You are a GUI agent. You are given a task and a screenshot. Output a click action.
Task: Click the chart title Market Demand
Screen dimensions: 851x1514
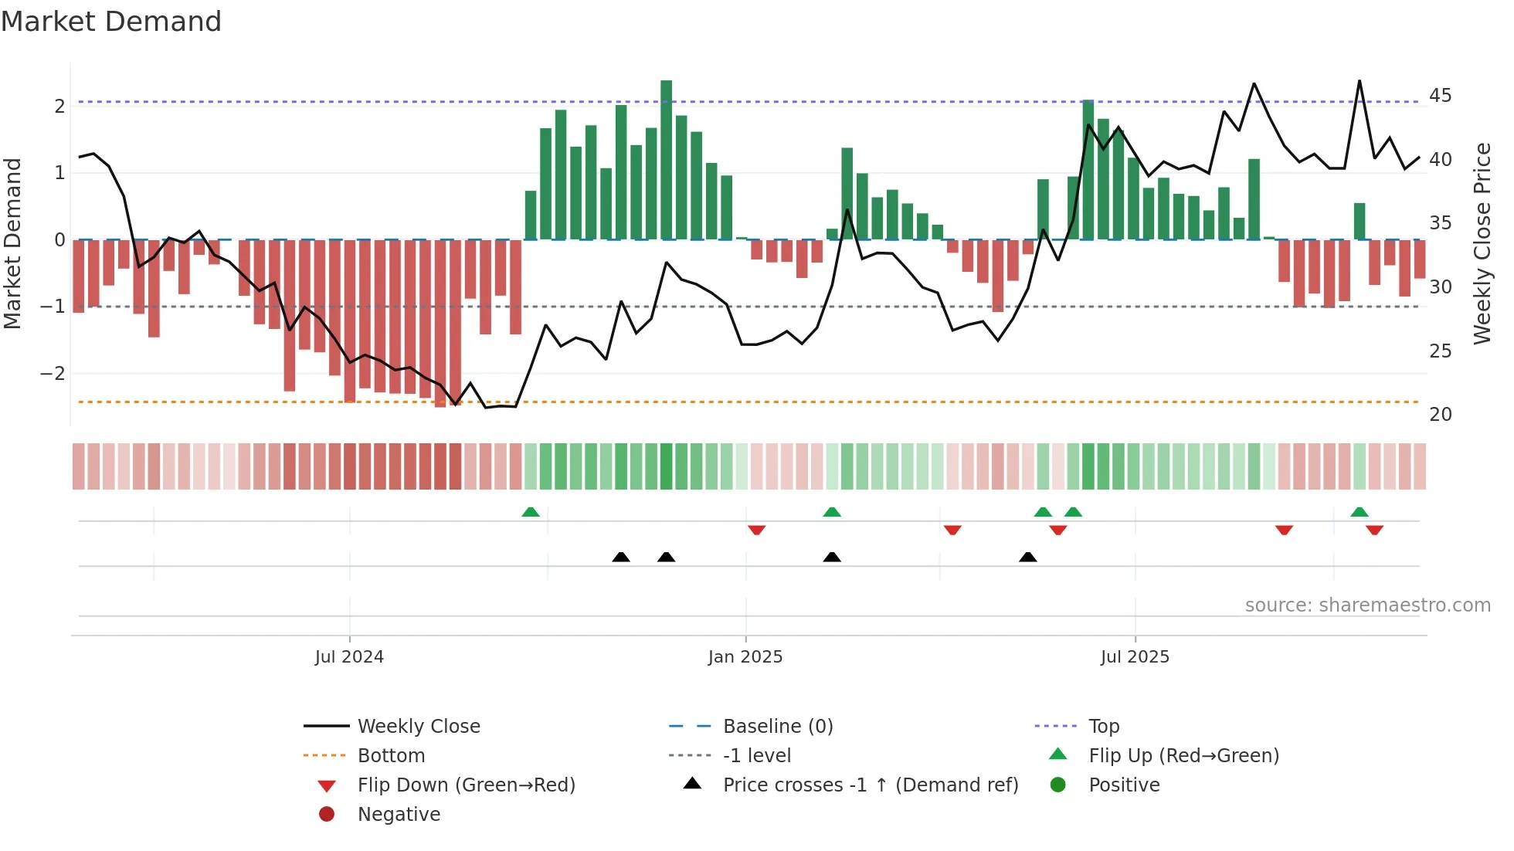click(111, 22)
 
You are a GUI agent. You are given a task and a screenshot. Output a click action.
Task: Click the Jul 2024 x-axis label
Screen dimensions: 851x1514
click(349, 657)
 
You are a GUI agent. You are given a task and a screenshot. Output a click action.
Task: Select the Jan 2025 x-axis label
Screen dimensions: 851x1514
click(745, 657)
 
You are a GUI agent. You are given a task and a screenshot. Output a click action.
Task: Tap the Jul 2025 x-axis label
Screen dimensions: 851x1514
click(1135, 657)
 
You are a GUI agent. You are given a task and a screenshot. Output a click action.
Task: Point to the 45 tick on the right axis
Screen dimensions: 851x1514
click(1440, 96)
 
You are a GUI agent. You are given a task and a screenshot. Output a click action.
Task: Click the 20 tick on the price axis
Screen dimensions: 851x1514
click(1440, 415)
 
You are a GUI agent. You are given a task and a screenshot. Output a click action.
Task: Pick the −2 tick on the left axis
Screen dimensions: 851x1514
click(53, 374)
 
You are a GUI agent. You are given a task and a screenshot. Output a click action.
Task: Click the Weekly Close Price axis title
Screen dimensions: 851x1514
click(1482, 243)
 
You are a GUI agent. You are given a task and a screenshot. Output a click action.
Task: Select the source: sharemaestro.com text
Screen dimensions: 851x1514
click(1367, 605)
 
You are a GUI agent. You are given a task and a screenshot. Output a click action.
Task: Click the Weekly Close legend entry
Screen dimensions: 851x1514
click(418, 727)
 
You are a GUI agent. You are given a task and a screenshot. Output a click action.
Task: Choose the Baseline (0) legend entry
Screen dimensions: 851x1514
click(777, 727)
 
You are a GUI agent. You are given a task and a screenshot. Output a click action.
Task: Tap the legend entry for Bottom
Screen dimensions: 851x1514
click(391, 756)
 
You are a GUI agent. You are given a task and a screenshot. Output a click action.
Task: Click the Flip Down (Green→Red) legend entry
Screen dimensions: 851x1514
click(466, 785)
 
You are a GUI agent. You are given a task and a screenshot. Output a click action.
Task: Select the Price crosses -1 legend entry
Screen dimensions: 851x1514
click(870, 785)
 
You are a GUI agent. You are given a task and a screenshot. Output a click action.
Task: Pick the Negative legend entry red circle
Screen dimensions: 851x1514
click(327, 815)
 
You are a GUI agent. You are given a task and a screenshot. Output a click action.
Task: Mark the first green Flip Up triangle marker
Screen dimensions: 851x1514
click(531, 512)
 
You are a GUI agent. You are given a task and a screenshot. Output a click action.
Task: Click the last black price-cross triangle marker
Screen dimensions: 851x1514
click(1027, 557)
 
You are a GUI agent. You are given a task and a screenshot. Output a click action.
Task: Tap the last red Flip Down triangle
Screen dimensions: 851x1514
click(1374, 530)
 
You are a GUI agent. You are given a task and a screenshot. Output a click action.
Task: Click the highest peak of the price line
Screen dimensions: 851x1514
click(1360, 81)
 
